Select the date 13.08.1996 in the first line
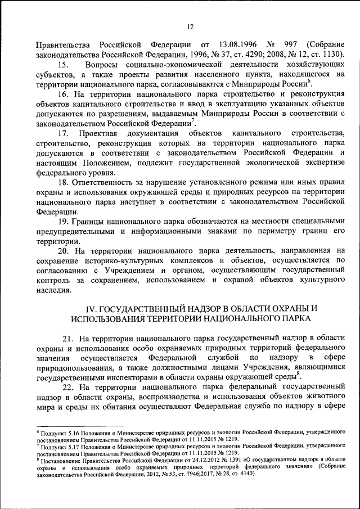point(237,44)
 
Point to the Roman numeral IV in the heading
point(91,309)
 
